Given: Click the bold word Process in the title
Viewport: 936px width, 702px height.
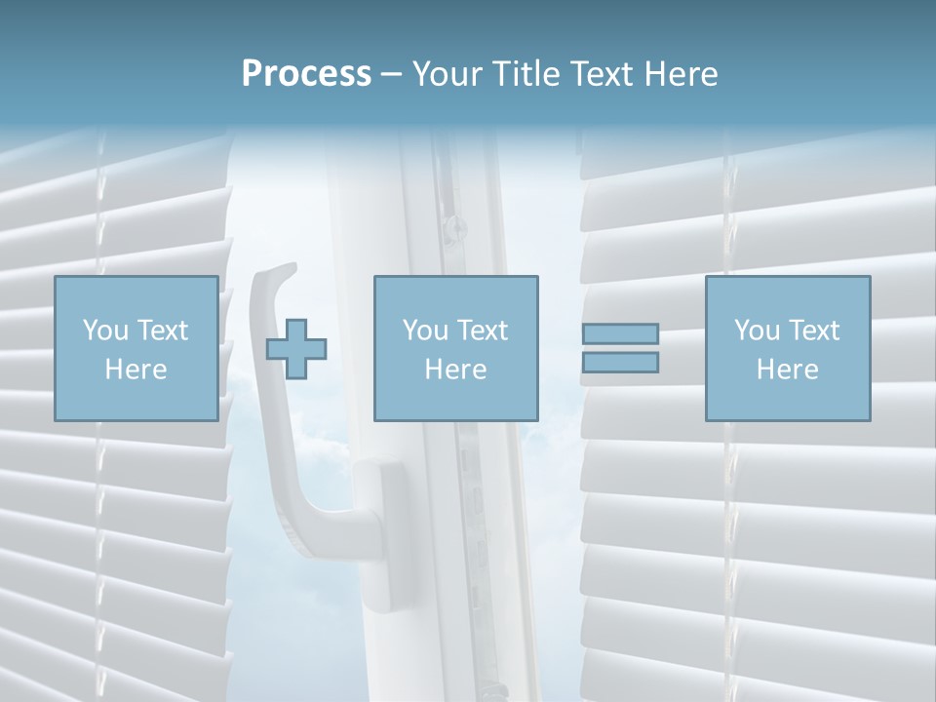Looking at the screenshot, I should [x=306, y=74].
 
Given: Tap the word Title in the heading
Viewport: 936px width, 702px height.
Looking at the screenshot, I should [x=526, y=74].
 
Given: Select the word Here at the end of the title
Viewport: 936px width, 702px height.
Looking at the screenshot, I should [x=682, y=74].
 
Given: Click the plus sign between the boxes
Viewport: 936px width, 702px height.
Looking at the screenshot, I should [x=296, y=349].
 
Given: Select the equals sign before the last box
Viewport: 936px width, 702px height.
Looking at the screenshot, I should [x=620, y=348].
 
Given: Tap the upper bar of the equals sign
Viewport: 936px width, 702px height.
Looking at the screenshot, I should [x=620, y=334].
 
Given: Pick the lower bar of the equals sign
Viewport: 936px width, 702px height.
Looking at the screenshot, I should [x=620, y=363].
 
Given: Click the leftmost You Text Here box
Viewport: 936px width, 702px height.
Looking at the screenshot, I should [x=136, y=348].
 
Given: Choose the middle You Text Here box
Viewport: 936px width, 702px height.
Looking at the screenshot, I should [x=455, y=348].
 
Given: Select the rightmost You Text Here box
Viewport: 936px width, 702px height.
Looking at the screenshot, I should [x=787, y=348].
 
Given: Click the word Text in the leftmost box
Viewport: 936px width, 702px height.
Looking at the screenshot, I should [x=162, y=331].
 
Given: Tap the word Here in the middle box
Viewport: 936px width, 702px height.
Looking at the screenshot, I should [x=455, y=370].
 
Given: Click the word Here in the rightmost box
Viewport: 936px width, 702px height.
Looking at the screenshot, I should [x=787, y=370].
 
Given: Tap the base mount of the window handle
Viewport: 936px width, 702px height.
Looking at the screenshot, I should [x=381, y=517].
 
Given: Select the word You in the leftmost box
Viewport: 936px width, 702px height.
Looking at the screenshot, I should [x=105, y=331].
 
